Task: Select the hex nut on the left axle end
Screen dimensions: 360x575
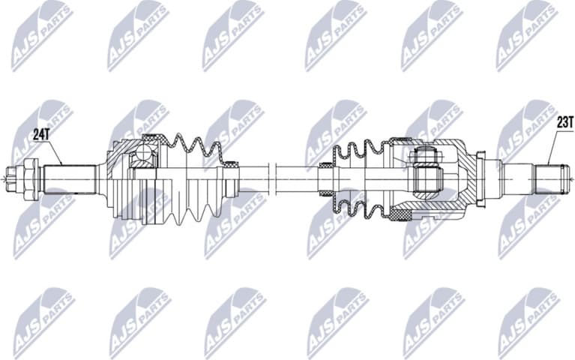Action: tap(29, 179)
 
